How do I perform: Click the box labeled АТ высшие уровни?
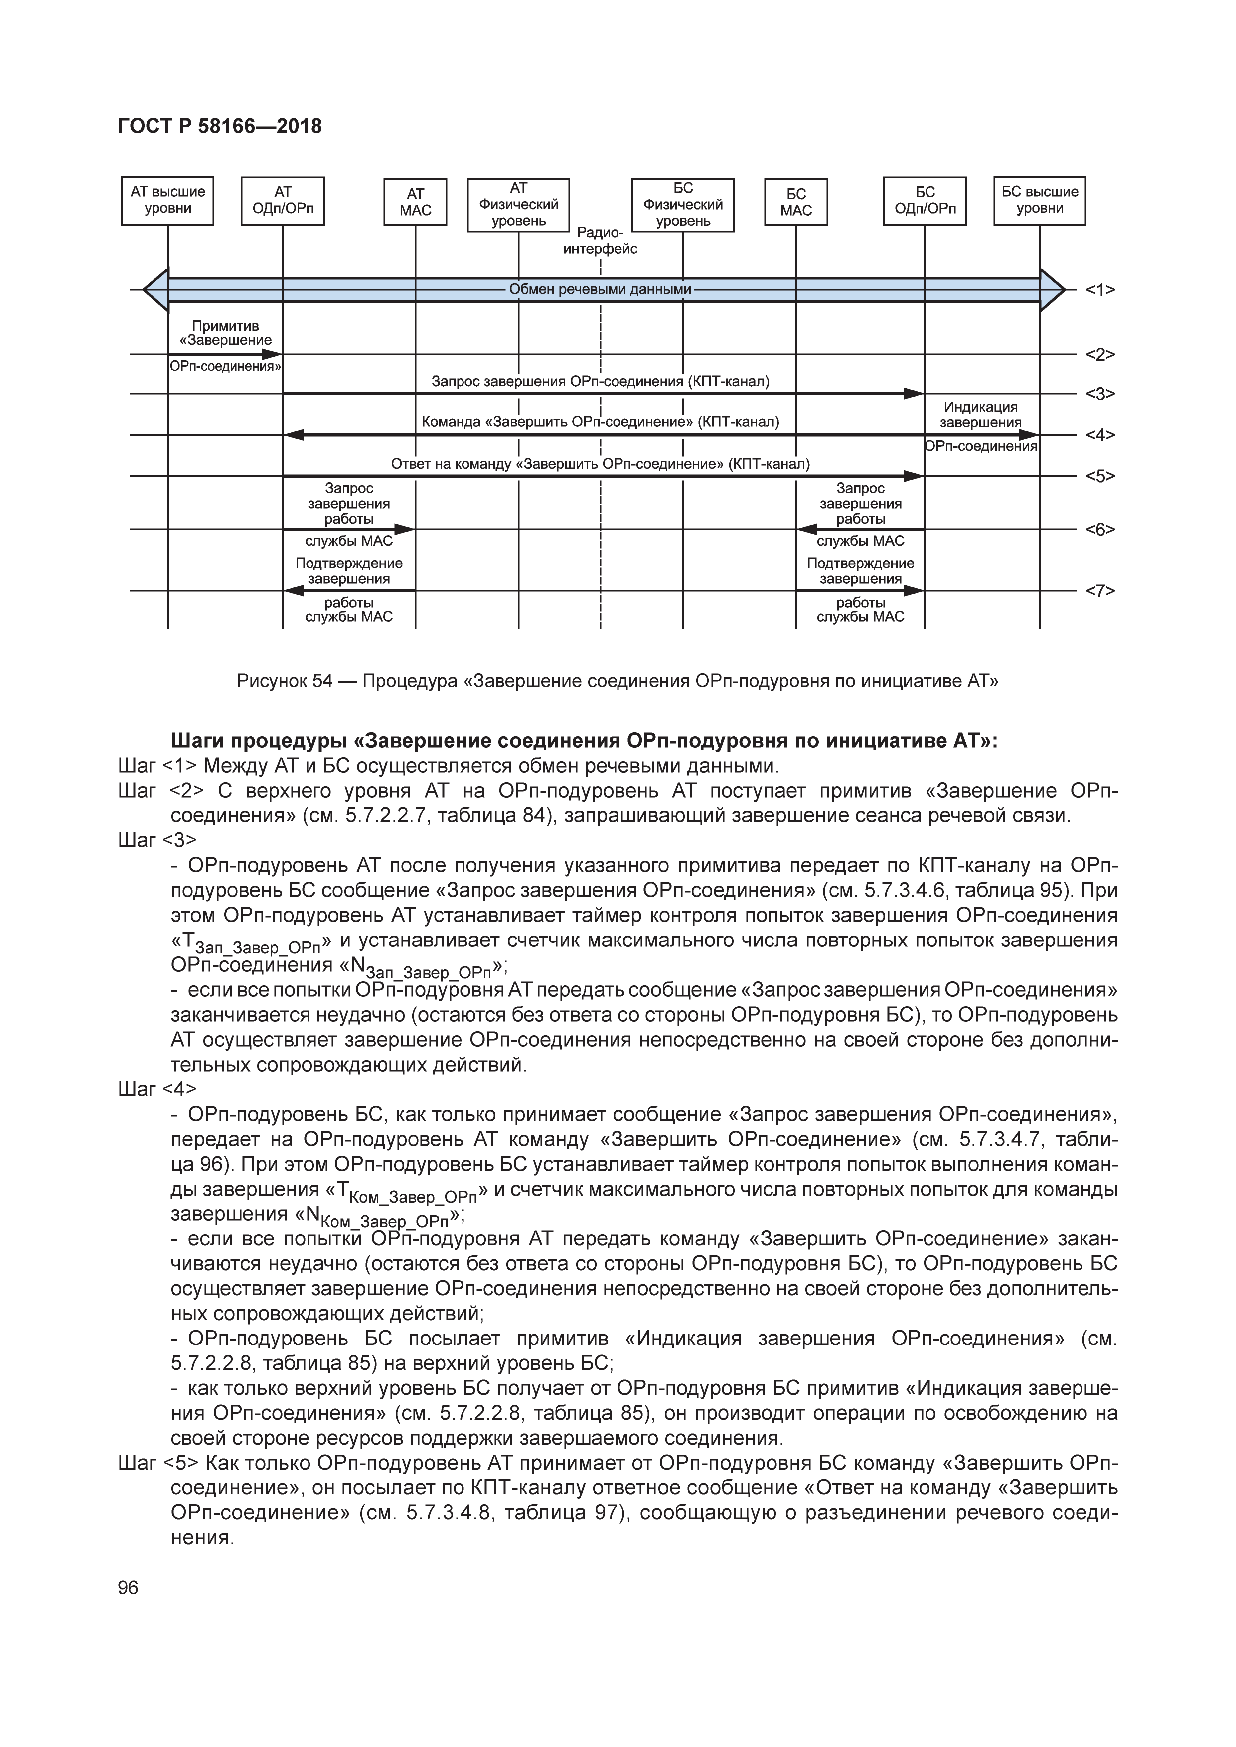(x=167, y=201)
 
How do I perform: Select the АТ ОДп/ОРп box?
(x=283, y=201)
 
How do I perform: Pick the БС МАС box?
(x=795, y=202)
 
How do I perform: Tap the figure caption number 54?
(x=322, y=681)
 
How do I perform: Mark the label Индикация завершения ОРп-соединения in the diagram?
(x=980, y=426)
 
